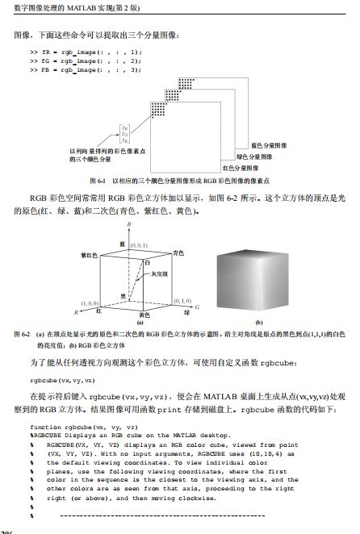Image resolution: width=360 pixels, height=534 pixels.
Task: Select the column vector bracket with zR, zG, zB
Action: tap(123, 134)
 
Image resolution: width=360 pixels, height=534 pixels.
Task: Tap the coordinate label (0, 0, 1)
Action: tap(138, 244)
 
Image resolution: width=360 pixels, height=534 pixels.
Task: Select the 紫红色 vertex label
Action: tap(90, 254)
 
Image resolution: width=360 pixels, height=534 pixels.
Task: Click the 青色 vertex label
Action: tap(178, 253)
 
